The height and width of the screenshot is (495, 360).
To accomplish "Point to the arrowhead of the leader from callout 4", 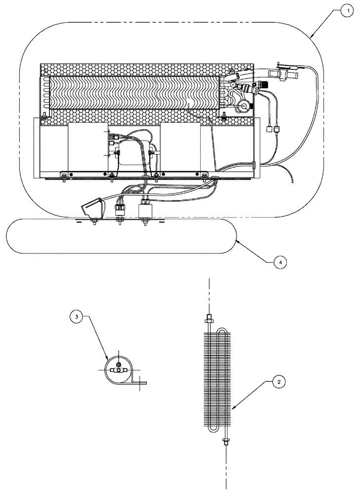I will pos(236,240).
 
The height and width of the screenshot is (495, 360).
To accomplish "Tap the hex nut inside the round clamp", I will pos(119,370).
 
